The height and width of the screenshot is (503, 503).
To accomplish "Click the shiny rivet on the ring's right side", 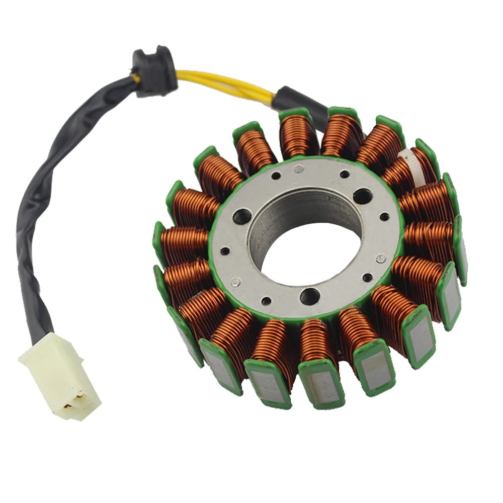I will click(x=381, y=258).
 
